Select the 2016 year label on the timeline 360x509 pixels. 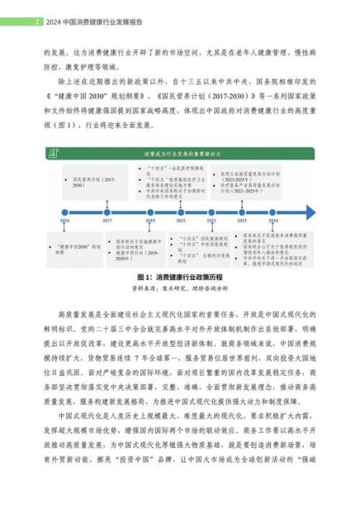point(65,221)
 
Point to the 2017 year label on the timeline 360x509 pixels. point(107,221)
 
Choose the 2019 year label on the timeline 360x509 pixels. point(149,221)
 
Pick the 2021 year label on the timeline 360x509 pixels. point(181,221)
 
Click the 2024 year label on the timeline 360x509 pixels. point(272,221)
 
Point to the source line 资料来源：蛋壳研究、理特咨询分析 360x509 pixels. point(180,288)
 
